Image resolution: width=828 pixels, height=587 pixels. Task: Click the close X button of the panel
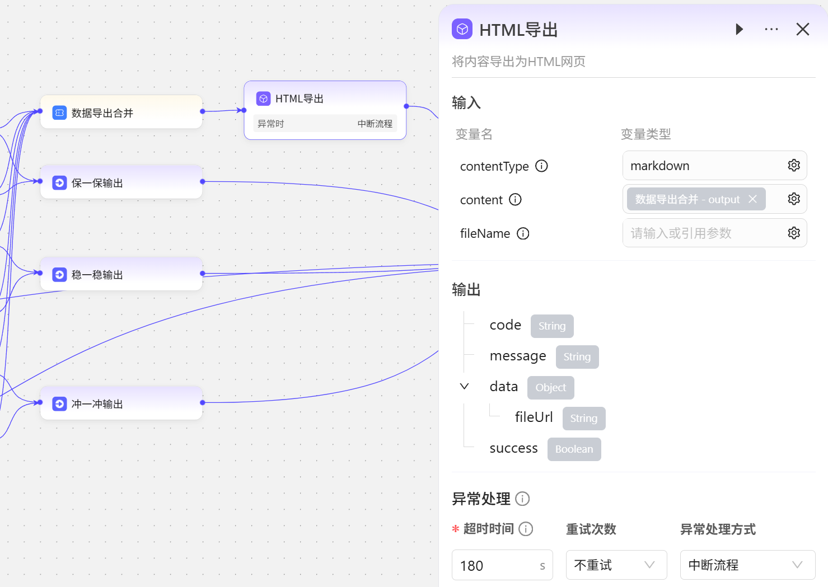click(802, 29)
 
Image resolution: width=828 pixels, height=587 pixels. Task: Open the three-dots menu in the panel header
click(771, 29)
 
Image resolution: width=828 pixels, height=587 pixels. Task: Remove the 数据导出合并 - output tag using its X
click(752, 199)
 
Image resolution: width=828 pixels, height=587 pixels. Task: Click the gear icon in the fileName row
click(794, 233)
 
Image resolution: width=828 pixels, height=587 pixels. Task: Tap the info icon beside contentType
click(541, 166)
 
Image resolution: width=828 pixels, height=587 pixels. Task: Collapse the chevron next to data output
click(464, 387)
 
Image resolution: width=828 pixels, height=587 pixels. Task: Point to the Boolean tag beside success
click(574, 449)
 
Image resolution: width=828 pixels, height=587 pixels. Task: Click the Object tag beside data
click(550, 387)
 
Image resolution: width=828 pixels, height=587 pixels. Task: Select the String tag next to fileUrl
click(583, 418)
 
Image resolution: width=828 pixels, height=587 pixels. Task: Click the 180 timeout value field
click(495, 565)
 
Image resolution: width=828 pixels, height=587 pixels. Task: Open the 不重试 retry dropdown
click(616, 565)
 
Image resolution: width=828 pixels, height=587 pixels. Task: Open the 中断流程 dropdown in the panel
click(747, 565)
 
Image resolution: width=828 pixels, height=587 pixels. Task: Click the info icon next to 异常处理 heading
click(522, 499)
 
